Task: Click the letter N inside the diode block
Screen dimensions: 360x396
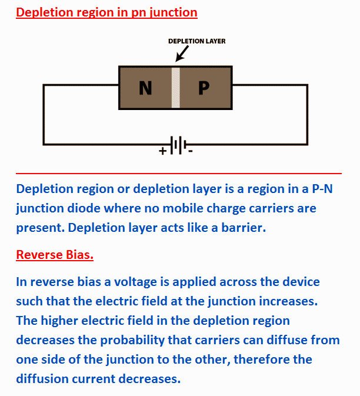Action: tap(145, 88)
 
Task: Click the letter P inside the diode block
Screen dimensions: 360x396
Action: tap(204, 88)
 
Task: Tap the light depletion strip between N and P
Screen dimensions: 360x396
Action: tap(176, 88)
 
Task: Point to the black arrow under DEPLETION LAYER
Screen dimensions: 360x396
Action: tap(182, 54)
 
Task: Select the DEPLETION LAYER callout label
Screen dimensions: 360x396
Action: tap(196, 41)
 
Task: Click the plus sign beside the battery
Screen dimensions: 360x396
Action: tap(163, 151)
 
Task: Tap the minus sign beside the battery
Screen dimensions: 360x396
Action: tap(191, 151)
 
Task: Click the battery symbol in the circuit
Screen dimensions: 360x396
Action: tap(178, 145)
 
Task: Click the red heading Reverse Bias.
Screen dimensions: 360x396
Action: tap(55, 255)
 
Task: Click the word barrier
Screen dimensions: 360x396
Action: tap(244, 228)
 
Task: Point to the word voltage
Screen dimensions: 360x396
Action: tap(135, 282)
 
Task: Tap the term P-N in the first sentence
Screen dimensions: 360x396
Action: tap(322, 189)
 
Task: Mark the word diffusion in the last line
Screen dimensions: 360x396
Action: tap(42, 379)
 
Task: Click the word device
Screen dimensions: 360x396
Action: tap(301, 282)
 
